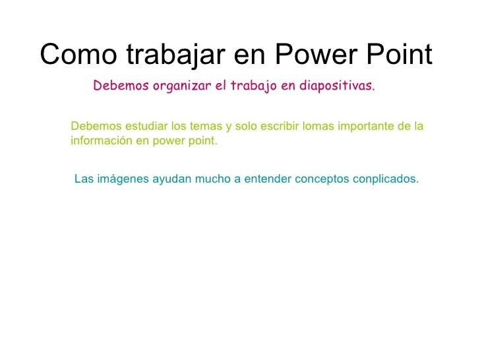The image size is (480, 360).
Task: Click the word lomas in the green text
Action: pyautogui.click(x=314, y=127)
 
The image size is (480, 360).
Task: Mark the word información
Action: pyautogui.click(x=100, y=140)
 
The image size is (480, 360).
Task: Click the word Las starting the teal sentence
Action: pyautogui.click(x=84, y=179)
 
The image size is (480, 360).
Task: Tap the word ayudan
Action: pyautogui.click(x=169, y=179)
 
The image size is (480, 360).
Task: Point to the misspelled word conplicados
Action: pyautogui.click(x=387, y=179)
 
